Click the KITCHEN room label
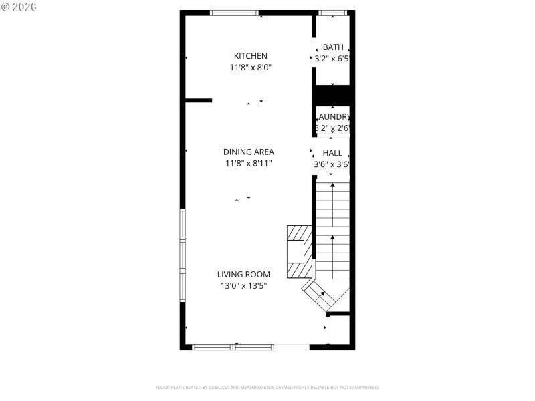coord(250,56)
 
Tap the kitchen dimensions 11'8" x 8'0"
coord(250,68)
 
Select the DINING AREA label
coord(248,152)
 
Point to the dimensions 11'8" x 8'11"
coord(248,163)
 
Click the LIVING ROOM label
coord(243,274)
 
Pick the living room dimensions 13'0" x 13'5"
coord(243,286)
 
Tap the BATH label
coord(333,47)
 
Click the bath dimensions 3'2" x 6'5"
coord(333,59)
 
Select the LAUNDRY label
coord(333,116)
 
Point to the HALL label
coord(332,153)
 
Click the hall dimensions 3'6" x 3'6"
coord(332,164)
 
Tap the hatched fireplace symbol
coord(299,251)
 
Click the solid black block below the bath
coord(333,95)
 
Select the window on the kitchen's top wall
coord(234,13)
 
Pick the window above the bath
coord(332,13)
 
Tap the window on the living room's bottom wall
coord(233,347)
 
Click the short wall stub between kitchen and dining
coord(199,101)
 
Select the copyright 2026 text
coord(20,7)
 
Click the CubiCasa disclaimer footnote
coord(267,388)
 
